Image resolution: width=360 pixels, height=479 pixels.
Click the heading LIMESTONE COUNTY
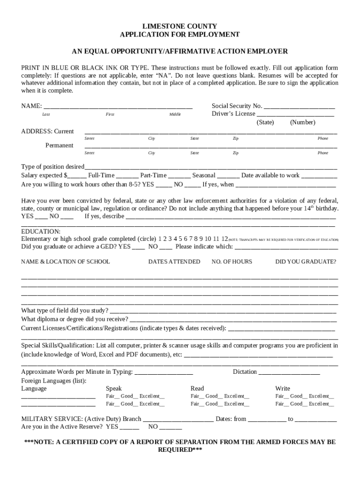click(x=180, y=26)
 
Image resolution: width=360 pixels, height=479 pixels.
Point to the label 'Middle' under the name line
click(x=175, y=115)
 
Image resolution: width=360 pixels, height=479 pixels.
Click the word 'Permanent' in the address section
click(x=59, y=145)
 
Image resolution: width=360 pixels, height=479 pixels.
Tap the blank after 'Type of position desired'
click(x=210, y=167)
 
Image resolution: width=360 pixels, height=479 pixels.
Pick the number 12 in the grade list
click(x=224, y=239)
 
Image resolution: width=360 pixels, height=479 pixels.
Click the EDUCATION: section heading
click(x=41, y=232)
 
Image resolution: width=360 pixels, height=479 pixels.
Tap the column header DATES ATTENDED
click(x=174, y=262)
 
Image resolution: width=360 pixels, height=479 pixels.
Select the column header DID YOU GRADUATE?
click(x=305, y=262)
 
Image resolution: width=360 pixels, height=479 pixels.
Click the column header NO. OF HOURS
click(x=231, y=262)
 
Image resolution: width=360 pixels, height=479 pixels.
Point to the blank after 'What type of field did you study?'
click(x=223, y=311)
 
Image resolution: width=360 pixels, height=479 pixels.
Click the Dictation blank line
click(x=289, y=372)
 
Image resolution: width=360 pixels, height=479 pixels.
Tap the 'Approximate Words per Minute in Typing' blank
click(x=164, y=372)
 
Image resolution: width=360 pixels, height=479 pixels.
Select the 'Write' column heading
click(x=282, y=389)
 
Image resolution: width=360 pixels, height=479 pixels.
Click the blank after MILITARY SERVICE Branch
click(x=178, y=420)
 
